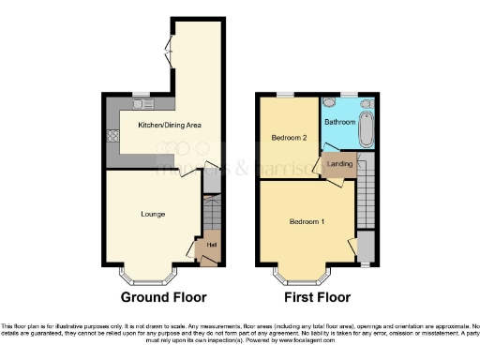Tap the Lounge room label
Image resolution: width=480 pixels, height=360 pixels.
[x=154, y=214]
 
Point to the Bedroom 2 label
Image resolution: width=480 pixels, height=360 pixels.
[x=290, y=137]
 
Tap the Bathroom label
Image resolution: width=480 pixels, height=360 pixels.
[x=339, y=122]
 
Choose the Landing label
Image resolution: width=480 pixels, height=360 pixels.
[x=339, y=164]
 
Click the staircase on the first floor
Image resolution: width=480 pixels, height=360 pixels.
[x=366, y=192]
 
